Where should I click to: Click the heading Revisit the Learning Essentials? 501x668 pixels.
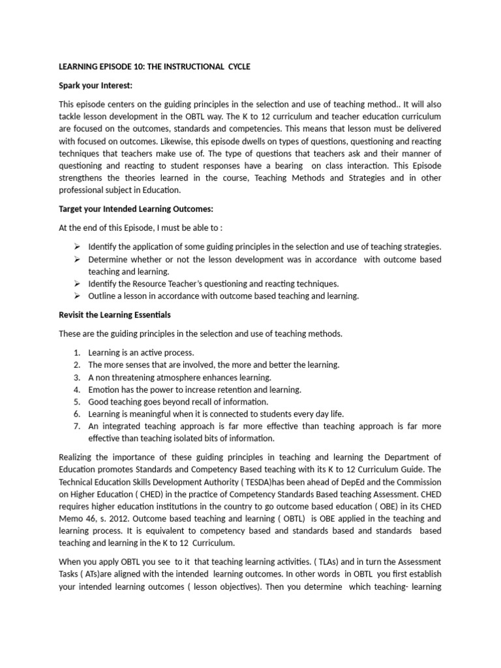click(x=115, y=315)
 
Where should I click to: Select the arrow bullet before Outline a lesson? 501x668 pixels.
click(x=76, y=296)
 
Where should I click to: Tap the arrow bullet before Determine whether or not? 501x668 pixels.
click(x=76, y=259)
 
